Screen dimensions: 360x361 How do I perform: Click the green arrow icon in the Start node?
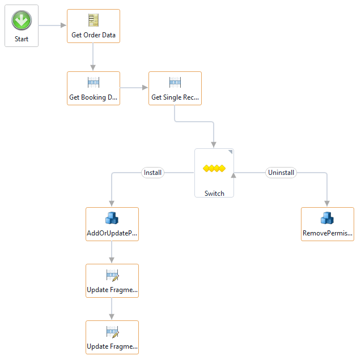coord(22,20)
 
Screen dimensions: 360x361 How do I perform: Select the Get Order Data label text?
coord(94,35)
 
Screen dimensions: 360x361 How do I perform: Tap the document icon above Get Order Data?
coord(94,20)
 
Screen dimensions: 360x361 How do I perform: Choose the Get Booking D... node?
coord(94,88)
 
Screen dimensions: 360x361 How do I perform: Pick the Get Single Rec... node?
coord(175,88)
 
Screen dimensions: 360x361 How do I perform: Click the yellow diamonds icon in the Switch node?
coord(214,169)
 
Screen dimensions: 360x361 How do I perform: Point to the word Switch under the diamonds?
coord(214,193)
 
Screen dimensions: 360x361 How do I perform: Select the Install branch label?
coord(152,173)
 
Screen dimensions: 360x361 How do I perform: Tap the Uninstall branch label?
coord(281,173)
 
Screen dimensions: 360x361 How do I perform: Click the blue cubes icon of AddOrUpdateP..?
coord(112,218)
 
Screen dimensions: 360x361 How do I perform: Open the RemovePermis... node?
coord(327,224)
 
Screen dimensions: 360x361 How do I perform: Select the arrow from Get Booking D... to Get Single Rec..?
coord(134,88)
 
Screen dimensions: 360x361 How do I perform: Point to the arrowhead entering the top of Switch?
coord(214,144)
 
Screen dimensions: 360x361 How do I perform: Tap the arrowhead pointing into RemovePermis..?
coord(327,203)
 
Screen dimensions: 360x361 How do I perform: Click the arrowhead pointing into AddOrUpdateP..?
coord(112,203)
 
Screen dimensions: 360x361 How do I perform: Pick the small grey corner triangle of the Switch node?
coord(230,152)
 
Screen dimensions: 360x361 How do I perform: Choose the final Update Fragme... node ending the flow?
coord(112,337)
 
